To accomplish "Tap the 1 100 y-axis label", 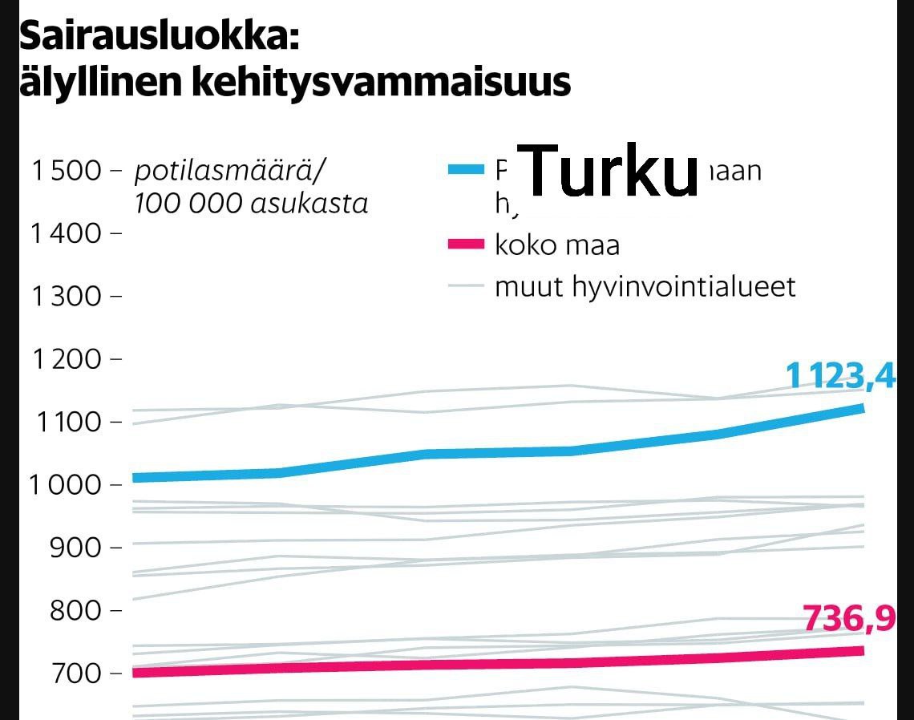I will click(67, 422).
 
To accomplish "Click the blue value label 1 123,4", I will click(839, 375).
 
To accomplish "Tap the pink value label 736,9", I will click(849, 619).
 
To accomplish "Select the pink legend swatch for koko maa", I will click(466, 244).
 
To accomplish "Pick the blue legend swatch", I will click(466, 169).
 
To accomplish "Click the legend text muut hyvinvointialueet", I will click(645, 286).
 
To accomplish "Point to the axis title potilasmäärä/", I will click(232, 171).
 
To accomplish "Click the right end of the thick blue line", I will click(862, 408).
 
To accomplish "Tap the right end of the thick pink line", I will click(862, 650).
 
